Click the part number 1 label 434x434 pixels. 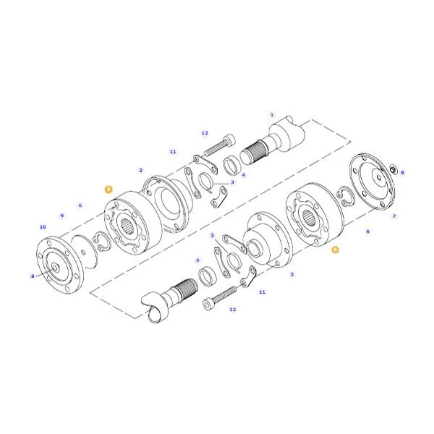pos(272,115)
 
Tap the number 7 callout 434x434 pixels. pos(394,216)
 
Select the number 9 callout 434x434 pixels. pos(62,216)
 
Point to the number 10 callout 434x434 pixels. pos(43,227)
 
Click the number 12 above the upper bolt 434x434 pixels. pos(205,133)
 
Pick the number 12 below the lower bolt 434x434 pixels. pos(232,310)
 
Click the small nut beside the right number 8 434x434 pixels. pos(393,169)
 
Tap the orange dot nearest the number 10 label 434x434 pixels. pos(109,190)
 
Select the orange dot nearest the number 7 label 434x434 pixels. pos(335,250)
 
